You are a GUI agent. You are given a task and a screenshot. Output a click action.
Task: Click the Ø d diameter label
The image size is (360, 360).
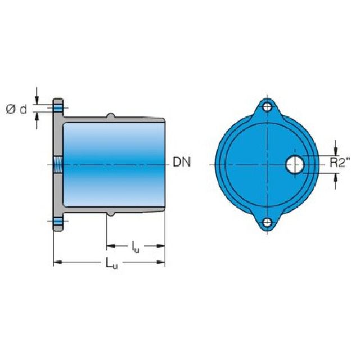pyautogui.click(x=16, y=109)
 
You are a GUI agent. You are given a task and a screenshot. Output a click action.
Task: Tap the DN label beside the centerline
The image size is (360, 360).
pyautogui.click(x=182, y=162)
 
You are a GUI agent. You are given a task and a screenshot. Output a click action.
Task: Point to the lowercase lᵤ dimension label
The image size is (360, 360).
pyautogui.click(x=135, y=248)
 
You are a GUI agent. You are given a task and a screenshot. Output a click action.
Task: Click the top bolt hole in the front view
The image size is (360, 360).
pyautogui.click(x=268, y=107)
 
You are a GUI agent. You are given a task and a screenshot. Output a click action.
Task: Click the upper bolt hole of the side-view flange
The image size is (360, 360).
pyautogui.click(x=58, y=107)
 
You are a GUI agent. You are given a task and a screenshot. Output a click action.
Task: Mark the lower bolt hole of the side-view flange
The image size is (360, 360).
pyautogui.click(x=58, y=221)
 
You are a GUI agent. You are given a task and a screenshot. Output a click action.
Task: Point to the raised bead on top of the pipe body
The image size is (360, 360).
pyautogui.click(x=111, y=116)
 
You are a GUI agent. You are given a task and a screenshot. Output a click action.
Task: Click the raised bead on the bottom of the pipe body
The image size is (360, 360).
pyautogui.click(x=111, y=213)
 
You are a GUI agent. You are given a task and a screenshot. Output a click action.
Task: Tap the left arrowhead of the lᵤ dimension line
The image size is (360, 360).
pyautogui.click(x=110, y=245)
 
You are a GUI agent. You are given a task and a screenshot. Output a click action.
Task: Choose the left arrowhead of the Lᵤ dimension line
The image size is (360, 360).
pyautogui.click(x=57, y=262)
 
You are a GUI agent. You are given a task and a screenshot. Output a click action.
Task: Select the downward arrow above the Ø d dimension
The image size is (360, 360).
pyautogui.click(x=37, y=99)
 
